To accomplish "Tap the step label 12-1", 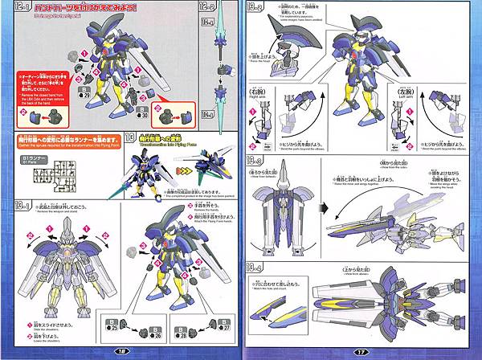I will tap(18, 9).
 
